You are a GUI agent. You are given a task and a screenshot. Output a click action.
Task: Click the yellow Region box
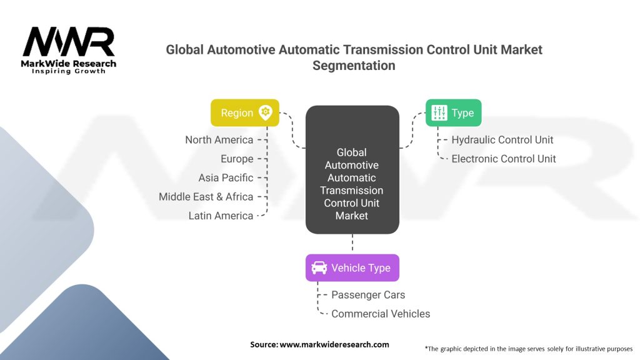click(x=244, y=113)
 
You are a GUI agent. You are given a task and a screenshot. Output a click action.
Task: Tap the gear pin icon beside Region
click(x=266, y=113)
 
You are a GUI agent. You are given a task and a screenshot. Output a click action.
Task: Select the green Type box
click(x=453, y=113)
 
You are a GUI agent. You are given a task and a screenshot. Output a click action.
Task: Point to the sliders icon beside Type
click(x=440, y=113)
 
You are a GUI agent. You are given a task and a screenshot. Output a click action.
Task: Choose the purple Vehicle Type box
click(x=352, y=268)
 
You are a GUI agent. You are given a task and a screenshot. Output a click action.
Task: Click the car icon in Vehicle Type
click(x=319, y=268)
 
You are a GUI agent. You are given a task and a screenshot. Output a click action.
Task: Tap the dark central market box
click(x=352, y=170)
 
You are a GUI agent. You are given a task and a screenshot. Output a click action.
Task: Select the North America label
click(x=219, y=140)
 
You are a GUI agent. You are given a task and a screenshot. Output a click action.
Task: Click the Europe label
click(x=237, y=159)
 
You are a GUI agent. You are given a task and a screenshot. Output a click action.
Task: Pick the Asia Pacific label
click(x=226, y=177)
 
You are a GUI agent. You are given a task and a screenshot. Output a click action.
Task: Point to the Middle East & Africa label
click(x=206, y=197)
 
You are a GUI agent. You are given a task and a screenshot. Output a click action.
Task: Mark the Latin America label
click(x=221, y=216)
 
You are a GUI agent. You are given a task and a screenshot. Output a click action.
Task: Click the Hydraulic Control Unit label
click(x=502, y=140)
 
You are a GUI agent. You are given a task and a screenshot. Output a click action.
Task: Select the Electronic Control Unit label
click(x=504, y=159)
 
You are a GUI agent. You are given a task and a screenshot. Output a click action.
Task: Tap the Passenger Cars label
click(x=368, y=295)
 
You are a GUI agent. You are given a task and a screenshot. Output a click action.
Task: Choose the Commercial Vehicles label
click(x=381, y=314)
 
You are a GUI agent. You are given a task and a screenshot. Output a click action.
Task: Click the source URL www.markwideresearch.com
click(x=334, y=344)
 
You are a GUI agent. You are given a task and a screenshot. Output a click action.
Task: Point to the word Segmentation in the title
click(x=354, y=66)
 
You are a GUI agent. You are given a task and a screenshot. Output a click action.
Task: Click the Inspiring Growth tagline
click(x=69, y=71)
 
